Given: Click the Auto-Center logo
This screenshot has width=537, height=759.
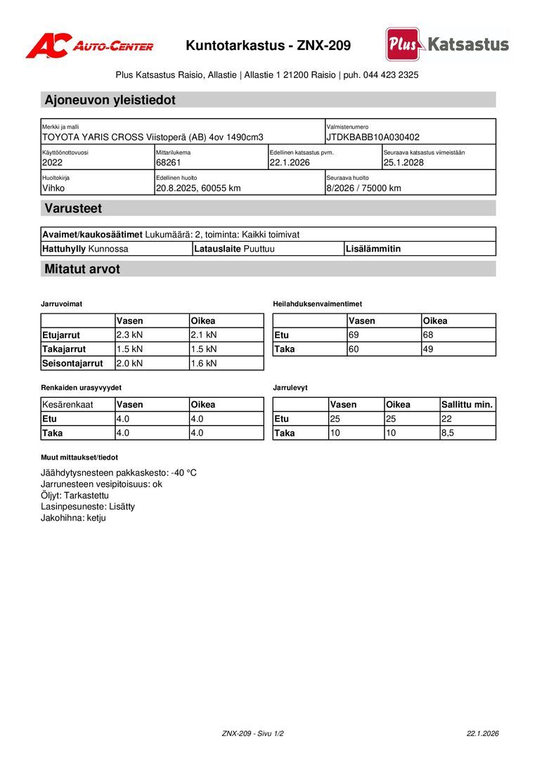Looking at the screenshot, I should pyautogui.click(x=89, y=46).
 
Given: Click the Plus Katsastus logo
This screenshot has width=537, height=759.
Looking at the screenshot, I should pyautogui.click(x=447, y=44).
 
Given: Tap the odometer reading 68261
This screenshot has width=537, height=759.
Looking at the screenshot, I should pyautogui.click(x=169, y=162).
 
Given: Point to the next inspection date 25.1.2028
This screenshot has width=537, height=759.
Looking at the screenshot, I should pyautogui.click(x=403, y=162).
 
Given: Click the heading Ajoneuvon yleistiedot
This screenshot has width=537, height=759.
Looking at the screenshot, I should pyautogui.click(x=110, y=100).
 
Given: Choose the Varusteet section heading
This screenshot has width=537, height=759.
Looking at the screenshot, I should pyautogui.click(x=73, y=208).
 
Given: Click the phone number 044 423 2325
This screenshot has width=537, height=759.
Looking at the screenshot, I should pyautogui.click(x=391, y=74).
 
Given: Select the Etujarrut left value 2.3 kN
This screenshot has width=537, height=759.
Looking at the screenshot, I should pyautogui.click(x=129, y=335).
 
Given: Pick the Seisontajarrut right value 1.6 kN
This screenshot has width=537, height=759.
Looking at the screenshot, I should pyautogui.click(x=203, y=363).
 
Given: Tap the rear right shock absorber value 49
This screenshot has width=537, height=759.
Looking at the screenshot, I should pyautogui.click(x=428, y=349).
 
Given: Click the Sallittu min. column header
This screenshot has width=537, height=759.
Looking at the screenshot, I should pyautogui.click(x=467, y=405).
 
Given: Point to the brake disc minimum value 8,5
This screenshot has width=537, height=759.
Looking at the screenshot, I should pyautogui.click(x=448, y=433).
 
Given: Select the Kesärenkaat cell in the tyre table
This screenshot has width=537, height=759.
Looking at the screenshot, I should pyautogui.click(x=68, y=405).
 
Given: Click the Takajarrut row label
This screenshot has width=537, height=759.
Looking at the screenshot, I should pyautogui.click(x=64, y=349).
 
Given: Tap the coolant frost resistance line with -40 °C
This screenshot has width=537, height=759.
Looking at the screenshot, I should pyautogui.click(x=119, y=472).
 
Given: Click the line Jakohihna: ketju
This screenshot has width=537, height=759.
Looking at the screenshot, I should pyautogui.click(x=73, y=517).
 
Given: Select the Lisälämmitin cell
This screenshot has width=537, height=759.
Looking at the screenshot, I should pyautogui.click(x=373, y=249).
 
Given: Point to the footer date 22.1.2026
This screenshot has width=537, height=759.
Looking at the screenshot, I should pyautogui.click(x=482, y=734).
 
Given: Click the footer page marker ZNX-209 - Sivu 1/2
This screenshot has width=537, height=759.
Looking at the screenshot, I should pyautogui.click(x=252, y=734).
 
